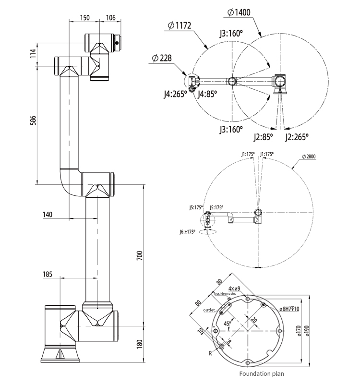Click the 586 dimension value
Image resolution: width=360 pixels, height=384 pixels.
point(33,120)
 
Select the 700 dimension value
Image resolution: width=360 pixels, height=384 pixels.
point(139,255)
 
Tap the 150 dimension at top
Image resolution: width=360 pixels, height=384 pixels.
point(84,18)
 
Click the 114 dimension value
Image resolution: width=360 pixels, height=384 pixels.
point(33,53)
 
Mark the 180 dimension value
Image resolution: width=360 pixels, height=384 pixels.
point(140,344)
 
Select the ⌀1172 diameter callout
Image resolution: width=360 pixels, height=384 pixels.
point(180,25)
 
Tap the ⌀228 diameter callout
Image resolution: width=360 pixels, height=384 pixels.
point(161,58)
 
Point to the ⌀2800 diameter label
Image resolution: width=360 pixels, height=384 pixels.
point(310,156)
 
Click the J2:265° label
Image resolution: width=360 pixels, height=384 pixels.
point(296,137)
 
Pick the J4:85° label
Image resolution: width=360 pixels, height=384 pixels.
point(207,94)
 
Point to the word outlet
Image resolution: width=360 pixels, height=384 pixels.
point(209,310)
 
